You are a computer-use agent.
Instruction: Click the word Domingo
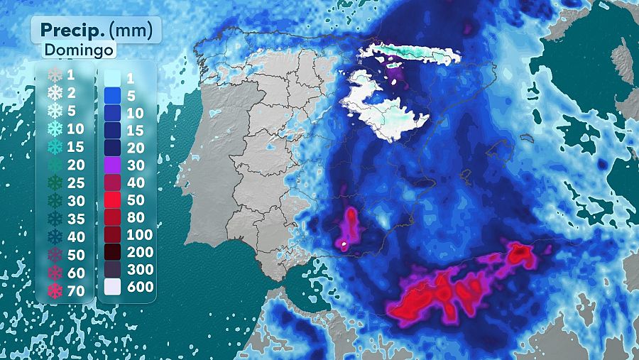coord(80,50)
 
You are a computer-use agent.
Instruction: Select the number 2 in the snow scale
coord(71,92)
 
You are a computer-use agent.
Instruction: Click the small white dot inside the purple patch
coord(344,246)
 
